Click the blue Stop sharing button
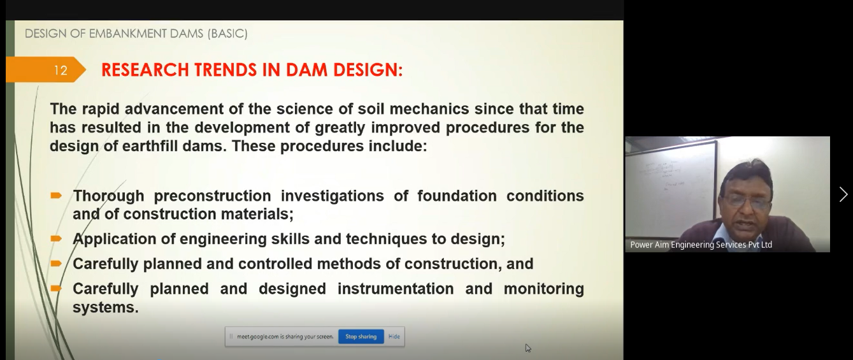(x=361, y=336)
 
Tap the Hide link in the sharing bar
(x=394, y=336)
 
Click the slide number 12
(x=61, y=70)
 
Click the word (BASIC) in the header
(x=227, y=34)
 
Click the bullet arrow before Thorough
(x=56, y=196)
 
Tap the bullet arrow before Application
(x=56, y=239)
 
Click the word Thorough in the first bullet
(x=108, y=196)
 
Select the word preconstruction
(x=213, y=196)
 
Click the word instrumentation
(x=396, y=289)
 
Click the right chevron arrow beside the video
(x=843, y=195)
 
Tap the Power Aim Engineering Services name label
(x=701, y=245)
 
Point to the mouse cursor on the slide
(x=528, y=348)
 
